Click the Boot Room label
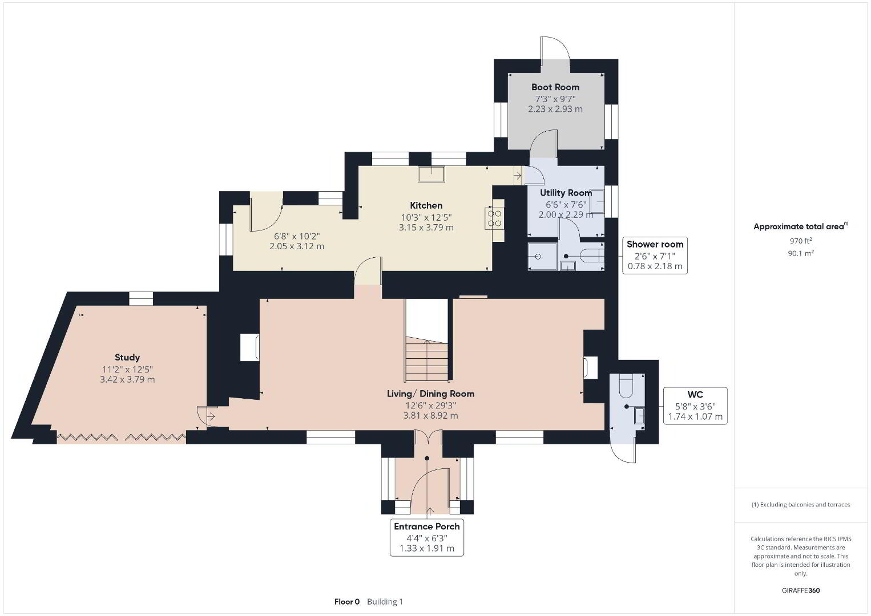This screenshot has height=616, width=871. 555,87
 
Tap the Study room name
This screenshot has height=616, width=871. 127,358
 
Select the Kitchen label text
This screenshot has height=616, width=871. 426,205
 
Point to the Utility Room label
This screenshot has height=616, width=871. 566,193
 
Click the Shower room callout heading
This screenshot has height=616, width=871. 655,245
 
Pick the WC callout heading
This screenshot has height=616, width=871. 695,395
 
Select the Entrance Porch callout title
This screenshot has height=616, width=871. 426,526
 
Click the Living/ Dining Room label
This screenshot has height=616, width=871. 430,394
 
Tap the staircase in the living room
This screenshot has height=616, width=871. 427,359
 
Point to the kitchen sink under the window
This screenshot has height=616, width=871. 432,174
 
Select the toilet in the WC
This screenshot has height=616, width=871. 626,386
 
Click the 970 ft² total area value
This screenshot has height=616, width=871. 801,241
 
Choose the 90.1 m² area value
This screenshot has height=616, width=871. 801,253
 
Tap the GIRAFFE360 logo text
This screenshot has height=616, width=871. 801,590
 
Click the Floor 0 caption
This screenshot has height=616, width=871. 347,602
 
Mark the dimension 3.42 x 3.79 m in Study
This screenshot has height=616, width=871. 127,380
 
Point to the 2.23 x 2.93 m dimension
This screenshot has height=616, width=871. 555,109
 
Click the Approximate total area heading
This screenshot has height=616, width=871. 801,226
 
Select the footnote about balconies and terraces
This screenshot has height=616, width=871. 801,504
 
